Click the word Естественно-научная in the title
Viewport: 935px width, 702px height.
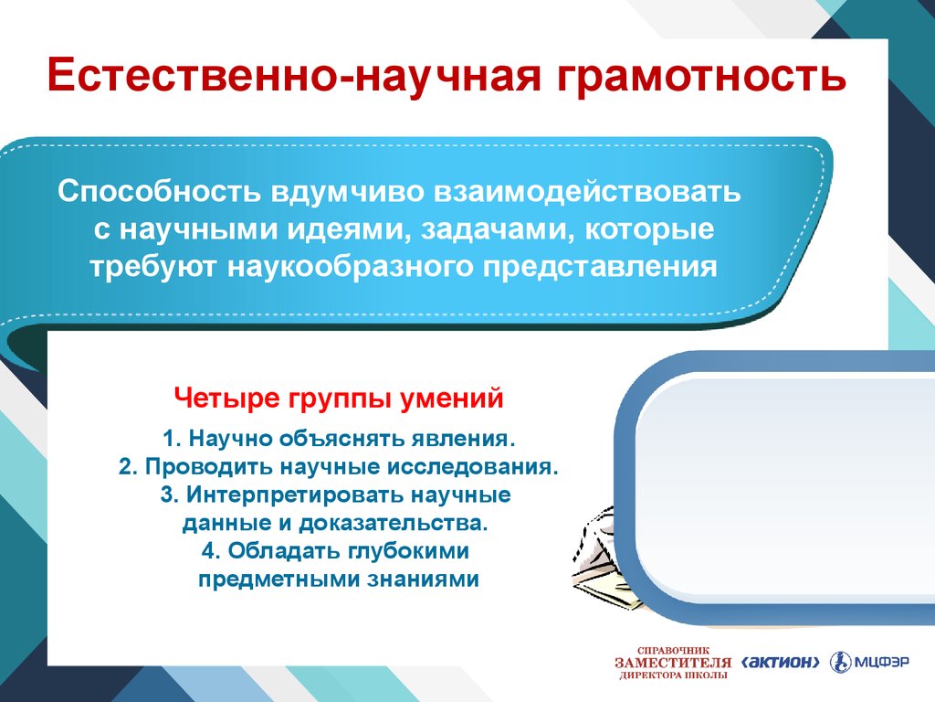[x=294, y=75]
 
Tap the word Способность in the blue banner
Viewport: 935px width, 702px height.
[x=159, y=192]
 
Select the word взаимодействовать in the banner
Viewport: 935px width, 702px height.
[x=587, y=192]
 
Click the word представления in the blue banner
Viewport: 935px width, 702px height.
[x=600, y=267]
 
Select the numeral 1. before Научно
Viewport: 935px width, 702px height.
[x=173, y=439]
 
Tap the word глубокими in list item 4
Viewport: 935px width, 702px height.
[x=407, y=550]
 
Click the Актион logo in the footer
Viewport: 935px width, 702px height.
[x=781, y=662]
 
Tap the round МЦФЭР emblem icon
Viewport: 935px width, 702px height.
[x=841, y=662]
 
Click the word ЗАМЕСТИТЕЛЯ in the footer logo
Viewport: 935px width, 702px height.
[x=673, y=663]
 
